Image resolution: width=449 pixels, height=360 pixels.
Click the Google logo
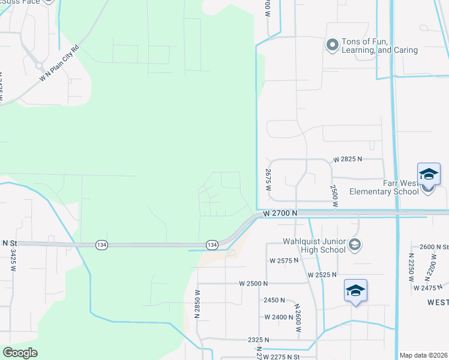pos(20,353)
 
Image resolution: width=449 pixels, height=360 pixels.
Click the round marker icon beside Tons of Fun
pos(332,45)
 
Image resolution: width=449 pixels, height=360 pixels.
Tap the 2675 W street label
pos(268,180)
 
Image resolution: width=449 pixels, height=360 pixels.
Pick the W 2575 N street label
pos(285,261)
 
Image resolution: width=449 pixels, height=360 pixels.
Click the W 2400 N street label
pos(279,317)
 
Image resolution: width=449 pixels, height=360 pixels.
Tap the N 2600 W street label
pos(297,317)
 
